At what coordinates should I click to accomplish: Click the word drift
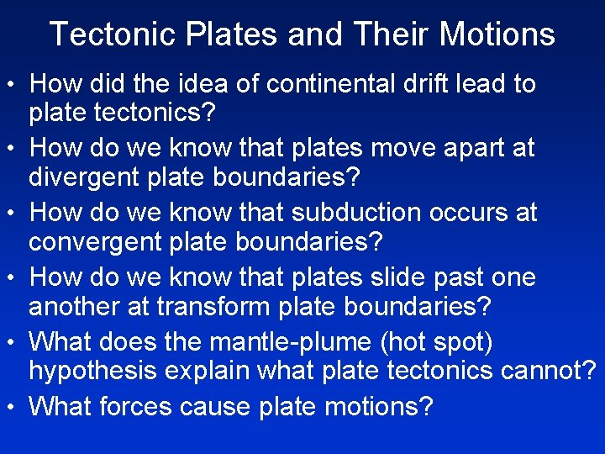(x=399, y=84)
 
